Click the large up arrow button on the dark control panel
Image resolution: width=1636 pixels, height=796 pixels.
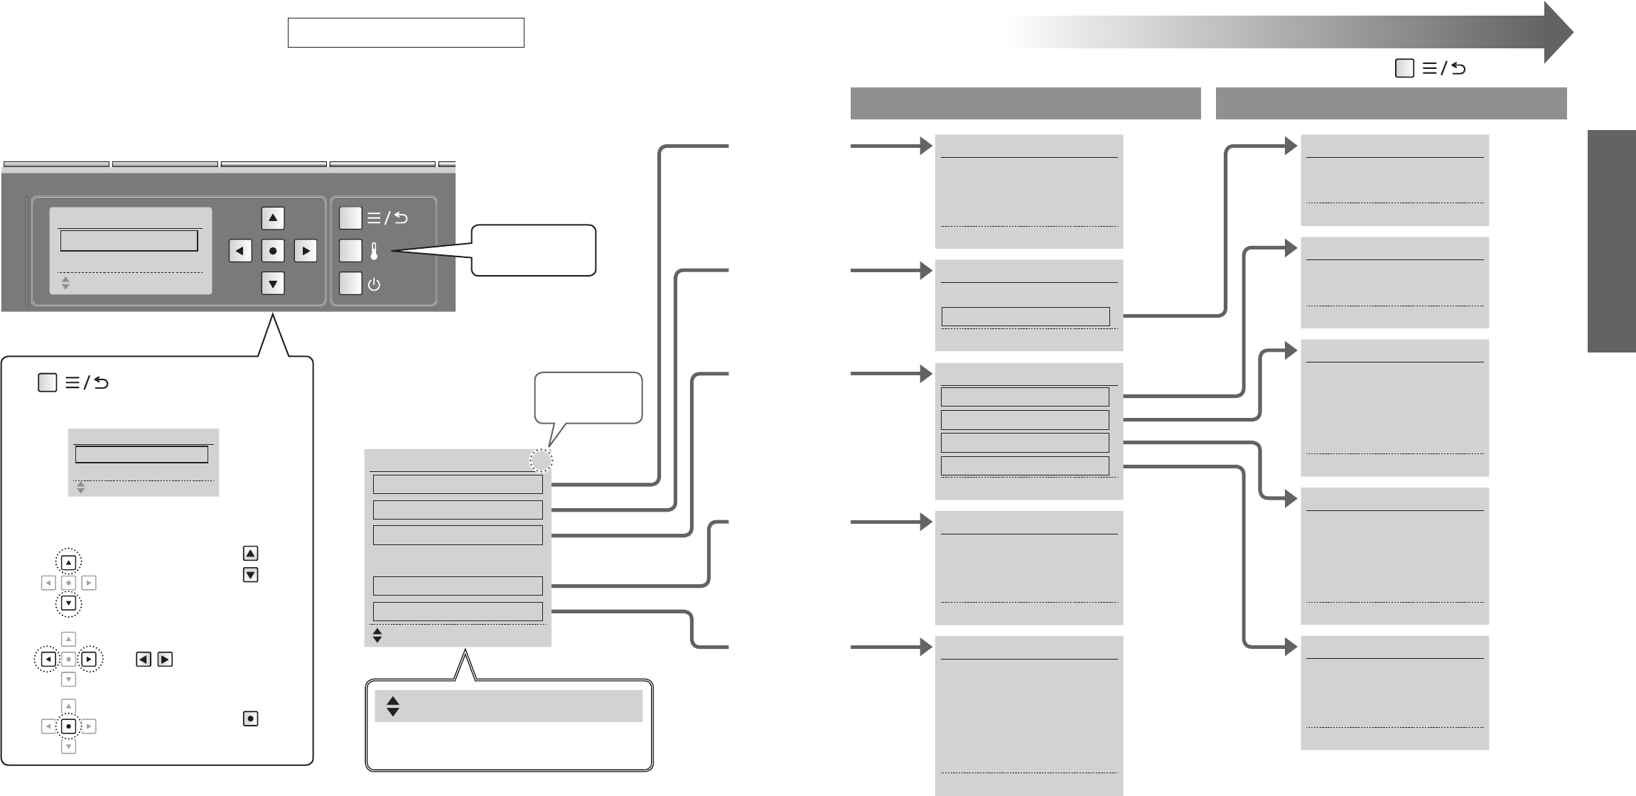[x=273, y=218]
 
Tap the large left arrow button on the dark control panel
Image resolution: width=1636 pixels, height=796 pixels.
[x=240, y=251]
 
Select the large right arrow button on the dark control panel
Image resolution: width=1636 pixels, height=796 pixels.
[x=306, y=251]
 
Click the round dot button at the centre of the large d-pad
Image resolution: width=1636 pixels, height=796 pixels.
[x=273, y=251]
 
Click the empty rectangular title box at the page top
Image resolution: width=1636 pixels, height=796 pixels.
[x=406, y=33]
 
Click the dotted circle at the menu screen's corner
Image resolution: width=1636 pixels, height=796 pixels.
[x=541, y=462]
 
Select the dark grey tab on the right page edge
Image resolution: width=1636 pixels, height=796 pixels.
[x=1612, y=241]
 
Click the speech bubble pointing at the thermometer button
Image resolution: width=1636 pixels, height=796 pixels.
[x=533, y=250]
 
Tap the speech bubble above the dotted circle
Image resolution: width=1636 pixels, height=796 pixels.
[x=588, y=397]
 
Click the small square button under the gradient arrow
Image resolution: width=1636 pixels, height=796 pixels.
[x=1404, y=68]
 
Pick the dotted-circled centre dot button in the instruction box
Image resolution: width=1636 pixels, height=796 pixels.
[x=68, y=726]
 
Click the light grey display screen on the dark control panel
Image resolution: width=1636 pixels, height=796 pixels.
[x=131, y=250]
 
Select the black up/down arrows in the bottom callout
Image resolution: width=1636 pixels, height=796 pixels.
[x=392, y=706]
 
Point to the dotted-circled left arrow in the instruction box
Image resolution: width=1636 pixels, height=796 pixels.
[x=48, y=660]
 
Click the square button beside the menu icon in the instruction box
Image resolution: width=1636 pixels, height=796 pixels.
[x=47, y=383]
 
